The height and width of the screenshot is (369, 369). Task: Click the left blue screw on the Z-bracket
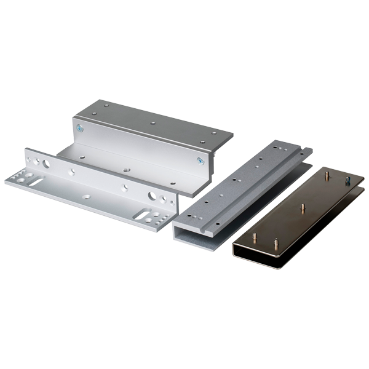coord(80,129)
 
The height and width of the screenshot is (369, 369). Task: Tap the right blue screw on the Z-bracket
coord(199,161)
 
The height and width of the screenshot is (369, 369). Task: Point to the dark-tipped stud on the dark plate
coord(347,181)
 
